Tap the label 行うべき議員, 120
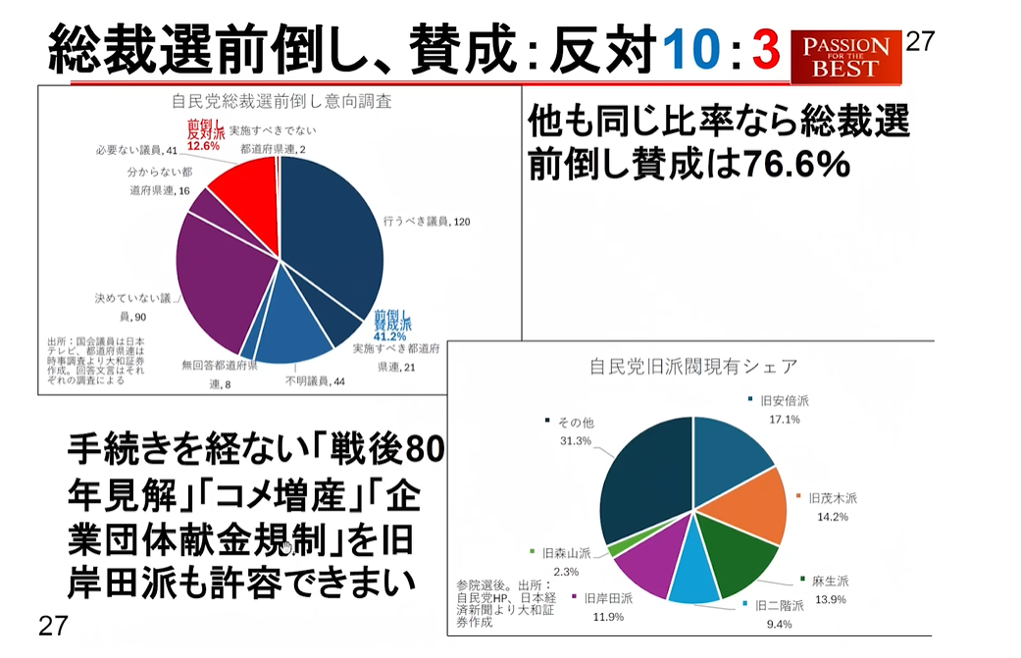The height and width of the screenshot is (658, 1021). [x=428, y=222]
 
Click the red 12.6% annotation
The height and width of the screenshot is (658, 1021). [x=206, y=145]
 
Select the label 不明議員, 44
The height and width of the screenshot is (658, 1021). [x=315, y=380]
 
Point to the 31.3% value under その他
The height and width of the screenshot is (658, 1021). [x=575, y=441]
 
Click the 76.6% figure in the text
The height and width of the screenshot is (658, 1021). [x=795, y=166]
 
